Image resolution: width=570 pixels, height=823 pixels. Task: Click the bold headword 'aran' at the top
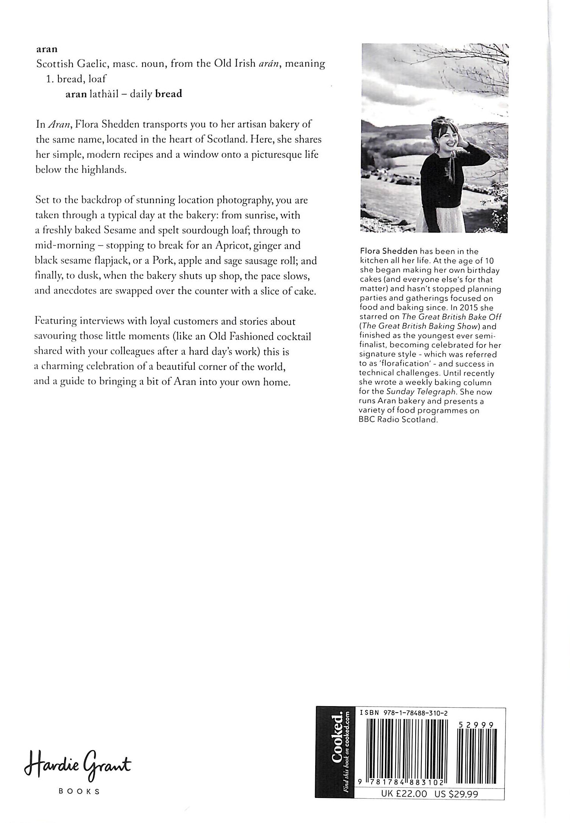[x=47, y=49]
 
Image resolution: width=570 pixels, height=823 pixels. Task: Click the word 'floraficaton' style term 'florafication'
[x=405, y=363]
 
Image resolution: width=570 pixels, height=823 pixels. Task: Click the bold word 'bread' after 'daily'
[x=169, y=94]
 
